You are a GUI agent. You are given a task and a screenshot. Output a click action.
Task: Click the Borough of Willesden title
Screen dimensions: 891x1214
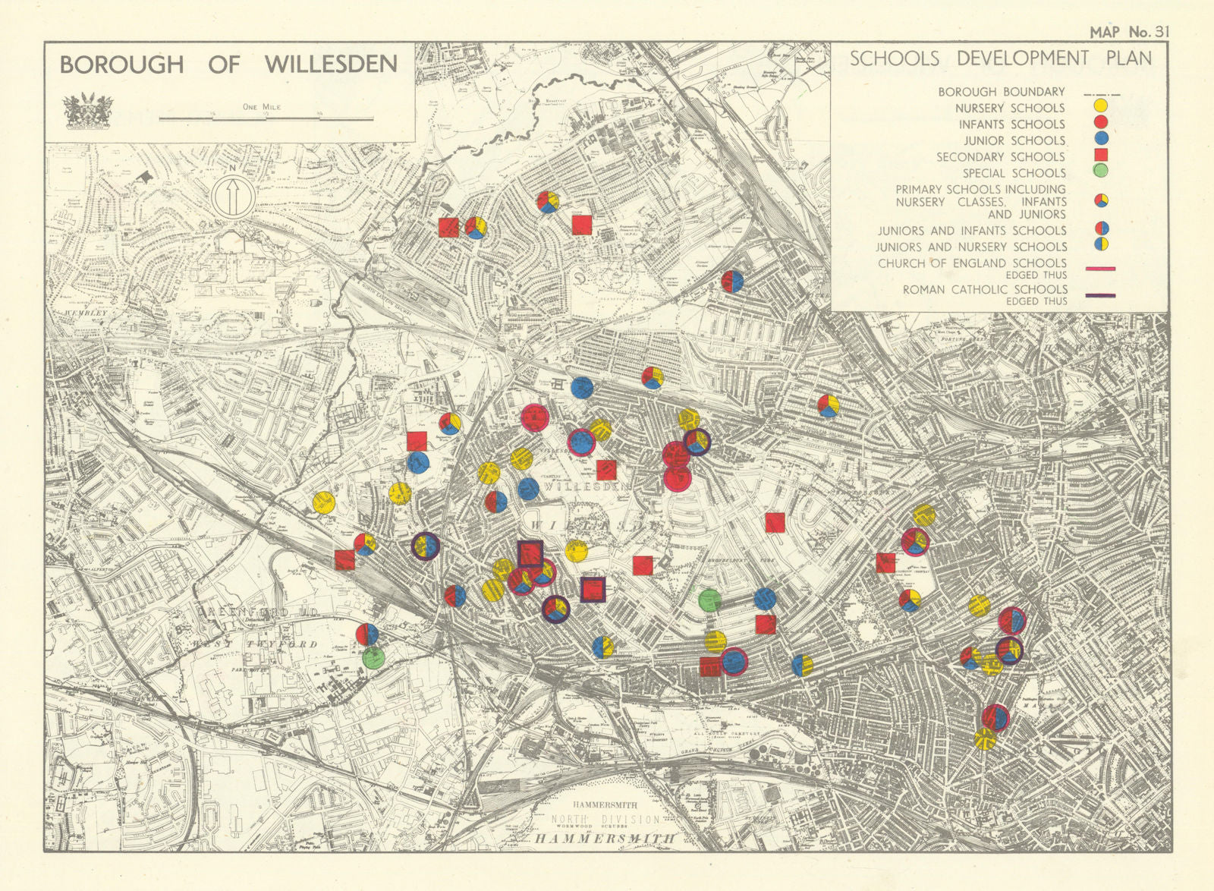(x=228, y=65)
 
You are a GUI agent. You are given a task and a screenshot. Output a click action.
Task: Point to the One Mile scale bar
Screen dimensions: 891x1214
(x=266, y=118)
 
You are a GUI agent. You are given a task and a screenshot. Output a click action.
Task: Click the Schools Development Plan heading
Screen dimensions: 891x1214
(x=1000, y=58)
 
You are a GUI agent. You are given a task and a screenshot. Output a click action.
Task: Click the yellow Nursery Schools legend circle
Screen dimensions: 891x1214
(x=1100, y=107)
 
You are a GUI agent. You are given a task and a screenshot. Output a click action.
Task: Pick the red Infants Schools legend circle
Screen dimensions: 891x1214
(x=1100, y=123)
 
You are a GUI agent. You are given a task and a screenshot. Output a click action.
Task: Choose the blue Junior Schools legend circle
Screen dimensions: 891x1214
(x=1100, y=140)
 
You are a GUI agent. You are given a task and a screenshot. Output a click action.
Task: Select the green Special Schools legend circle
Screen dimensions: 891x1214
(x=1100, y=172)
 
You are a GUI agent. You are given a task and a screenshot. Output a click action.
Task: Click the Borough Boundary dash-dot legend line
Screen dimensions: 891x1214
(x=1102, y=94)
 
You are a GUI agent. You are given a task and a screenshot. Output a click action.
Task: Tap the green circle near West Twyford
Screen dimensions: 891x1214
(x=373, y=657)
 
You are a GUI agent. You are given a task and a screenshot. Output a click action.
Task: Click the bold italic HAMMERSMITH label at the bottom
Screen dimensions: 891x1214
(x=605, y=839)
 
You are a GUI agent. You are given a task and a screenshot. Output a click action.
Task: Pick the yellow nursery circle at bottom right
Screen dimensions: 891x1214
(x=986, y=738)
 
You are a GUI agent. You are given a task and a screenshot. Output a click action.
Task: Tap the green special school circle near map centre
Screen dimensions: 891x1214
(x=709, y=600)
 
